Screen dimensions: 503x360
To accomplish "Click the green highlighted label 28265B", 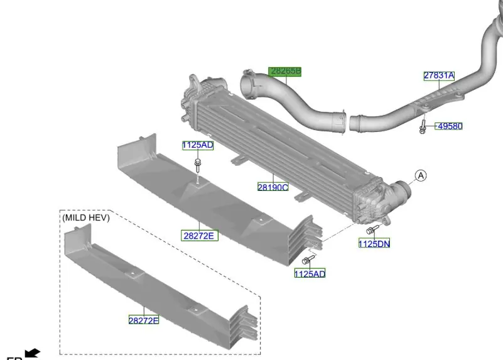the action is tap(285, 71).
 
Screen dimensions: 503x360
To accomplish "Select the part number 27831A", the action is tap(439, 76).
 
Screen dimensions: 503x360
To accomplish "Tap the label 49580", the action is tap(450, 126).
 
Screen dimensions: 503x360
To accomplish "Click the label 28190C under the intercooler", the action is tap(273, 187).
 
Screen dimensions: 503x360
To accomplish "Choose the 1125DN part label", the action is tap(374, 244).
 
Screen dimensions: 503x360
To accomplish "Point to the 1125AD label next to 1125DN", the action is tap(310, 273).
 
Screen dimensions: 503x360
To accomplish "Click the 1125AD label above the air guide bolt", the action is tap(198, 145).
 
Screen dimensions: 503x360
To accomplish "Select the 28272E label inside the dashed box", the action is tap(144, 320).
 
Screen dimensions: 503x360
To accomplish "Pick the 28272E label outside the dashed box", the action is tap(199, 236).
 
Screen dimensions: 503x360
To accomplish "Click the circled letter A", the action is tap(421, 175).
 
